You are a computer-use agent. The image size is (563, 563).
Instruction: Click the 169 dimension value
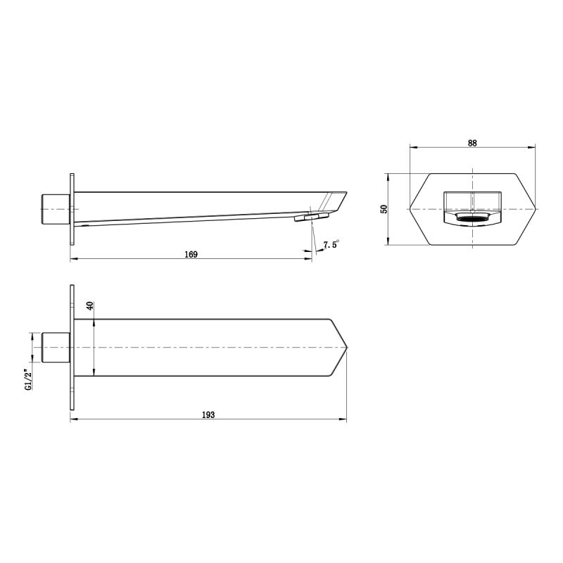pyautogui.click(x=191, y=254)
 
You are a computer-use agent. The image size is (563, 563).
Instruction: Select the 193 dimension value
pyautogui.click(x=208, y=415)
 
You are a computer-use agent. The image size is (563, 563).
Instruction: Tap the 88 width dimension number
pyautogui.click(x=472, y=142)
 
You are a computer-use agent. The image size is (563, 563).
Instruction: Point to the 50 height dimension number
pyautogui.click(x=384, y=209)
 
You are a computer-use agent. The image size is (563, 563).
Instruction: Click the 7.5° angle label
pyautogui.click(x=331, y=245)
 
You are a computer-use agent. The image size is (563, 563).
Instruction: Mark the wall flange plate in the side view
pyautogui.click(x=71, y=209)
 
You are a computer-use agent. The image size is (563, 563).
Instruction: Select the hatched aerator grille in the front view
pyautogui.click(x=473, y=220)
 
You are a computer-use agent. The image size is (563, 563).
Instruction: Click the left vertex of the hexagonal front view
pyautogui.click(x=410, y=209)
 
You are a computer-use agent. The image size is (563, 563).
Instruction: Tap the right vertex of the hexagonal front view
pyautogui.click(x=536, y=209)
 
